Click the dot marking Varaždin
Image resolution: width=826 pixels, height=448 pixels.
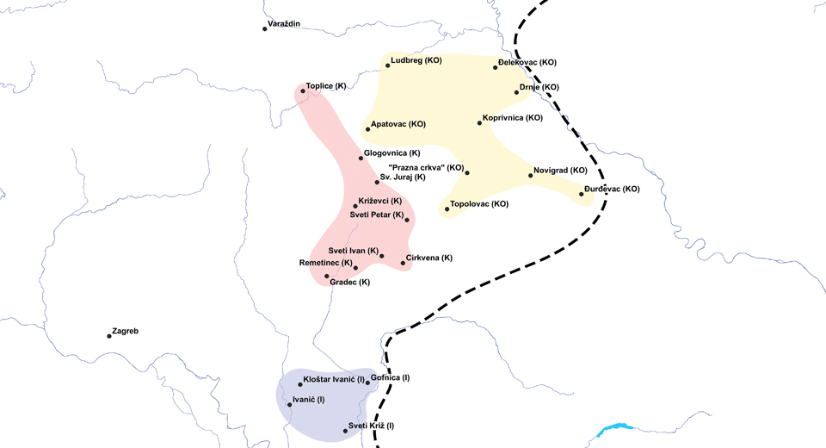point(265,28)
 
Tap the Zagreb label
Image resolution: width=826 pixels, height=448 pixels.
point(126,332)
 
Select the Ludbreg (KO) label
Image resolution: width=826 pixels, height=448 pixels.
point(416,61)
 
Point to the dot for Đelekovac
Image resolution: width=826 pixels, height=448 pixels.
point(496,66)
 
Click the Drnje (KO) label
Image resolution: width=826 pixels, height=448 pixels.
point(539,87)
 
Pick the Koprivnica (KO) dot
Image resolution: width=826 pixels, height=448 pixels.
point(479,122)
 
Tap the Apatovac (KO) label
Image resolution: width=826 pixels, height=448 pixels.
point(398,125)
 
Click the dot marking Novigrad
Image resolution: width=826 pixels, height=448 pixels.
point(530,176)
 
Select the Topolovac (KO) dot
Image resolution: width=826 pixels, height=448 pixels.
point(447,208)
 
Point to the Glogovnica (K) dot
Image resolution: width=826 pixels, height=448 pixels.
point(361,158)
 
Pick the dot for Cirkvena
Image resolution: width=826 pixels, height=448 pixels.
point(403,262)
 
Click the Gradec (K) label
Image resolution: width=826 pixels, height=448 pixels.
point(350,282)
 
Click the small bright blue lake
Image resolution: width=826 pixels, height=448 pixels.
point(613,428)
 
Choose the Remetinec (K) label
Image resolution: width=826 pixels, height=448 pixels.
point(325,263)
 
